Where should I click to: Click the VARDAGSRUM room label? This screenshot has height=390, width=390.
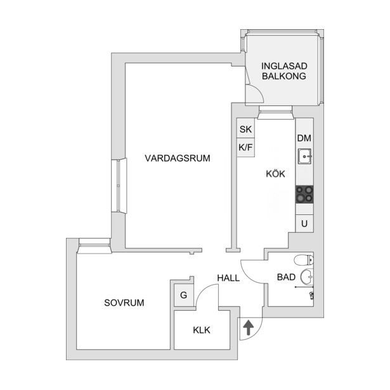click(178, 158)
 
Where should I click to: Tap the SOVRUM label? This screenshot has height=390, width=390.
click(124, 302)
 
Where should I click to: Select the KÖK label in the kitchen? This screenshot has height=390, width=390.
click(275, 173)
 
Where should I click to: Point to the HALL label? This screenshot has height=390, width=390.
click(228, 278)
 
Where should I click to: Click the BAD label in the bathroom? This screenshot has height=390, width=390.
click(286, 277)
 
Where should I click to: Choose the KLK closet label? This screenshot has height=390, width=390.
click(202, 330)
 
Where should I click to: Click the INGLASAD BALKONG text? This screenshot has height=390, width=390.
click(284, 71)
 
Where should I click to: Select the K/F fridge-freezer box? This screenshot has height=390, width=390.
click(245, 147)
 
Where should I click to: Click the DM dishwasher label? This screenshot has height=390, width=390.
click(304, 138)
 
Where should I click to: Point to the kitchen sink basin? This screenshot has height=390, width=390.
click(304, 156)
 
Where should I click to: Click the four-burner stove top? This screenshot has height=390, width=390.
click(304, 194)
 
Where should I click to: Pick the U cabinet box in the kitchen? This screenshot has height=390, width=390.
click(304, 224)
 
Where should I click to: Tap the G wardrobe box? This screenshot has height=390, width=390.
click(183, 296)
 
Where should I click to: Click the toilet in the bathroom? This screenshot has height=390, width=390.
click(304, 260)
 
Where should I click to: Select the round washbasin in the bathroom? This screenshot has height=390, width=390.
click(307, 276)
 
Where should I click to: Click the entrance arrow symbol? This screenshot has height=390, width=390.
click(248, 328)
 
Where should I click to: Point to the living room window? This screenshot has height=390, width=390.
click(119, 185)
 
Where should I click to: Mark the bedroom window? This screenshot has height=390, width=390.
click(94, 246)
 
